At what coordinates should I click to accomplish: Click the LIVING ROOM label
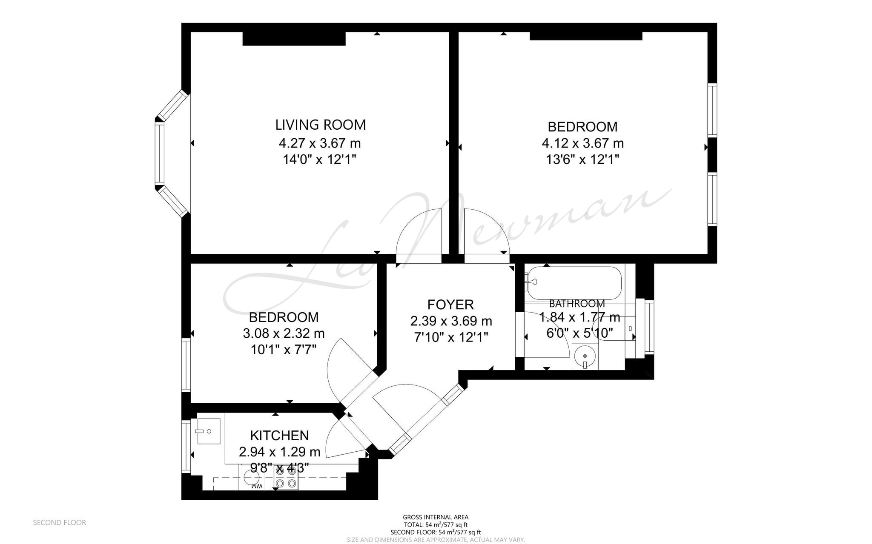(321, 125)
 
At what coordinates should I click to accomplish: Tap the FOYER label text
(450, 305)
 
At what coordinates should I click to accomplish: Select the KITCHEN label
(279, 435)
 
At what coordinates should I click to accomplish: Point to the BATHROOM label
(577, 304)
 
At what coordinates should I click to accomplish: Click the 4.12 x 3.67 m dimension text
(582, 143)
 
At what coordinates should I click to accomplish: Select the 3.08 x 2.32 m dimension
(284, 333)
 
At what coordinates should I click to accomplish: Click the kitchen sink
(208, 431)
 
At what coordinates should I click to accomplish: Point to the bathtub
(573, 283)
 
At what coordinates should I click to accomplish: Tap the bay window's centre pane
(159, 154)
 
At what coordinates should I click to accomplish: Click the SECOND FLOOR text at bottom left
(60, 522)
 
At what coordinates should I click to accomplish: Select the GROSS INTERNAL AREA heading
(436, 517)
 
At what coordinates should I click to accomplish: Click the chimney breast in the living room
(294, 39)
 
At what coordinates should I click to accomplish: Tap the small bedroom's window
(186, 365)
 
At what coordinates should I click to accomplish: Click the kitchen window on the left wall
(186, 446)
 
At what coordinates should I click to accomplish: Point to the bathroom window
(649, 327)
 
